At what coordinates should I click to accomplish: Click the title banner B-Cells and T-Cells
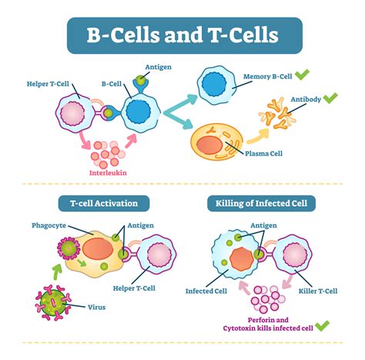pos(183,36)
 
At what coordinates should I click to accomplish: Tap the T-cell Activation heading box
pos(98,204)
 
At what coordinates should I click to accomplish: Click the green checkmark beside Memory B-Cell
pos(303,75)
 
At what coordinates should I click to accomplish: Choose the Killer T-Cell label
pos(318,291)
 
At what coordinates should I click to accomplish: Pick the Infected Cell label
pos(205,291)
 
